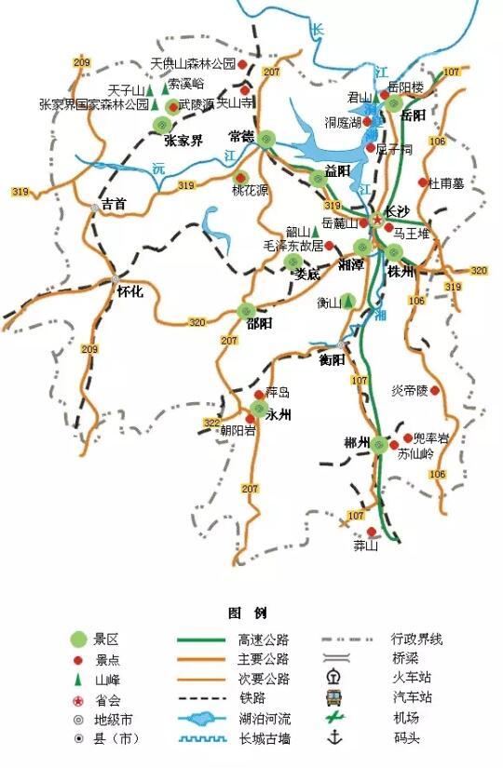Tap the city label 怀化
tap(129, 291)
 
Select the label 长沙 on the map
tap(398, 211)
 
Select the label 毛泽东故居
tap(293, 246)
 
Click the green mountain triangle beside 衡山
tap(347, 301)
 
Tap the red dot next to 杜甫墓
tap(423, 182)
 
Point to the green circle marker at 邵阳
tap(247, 311)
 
